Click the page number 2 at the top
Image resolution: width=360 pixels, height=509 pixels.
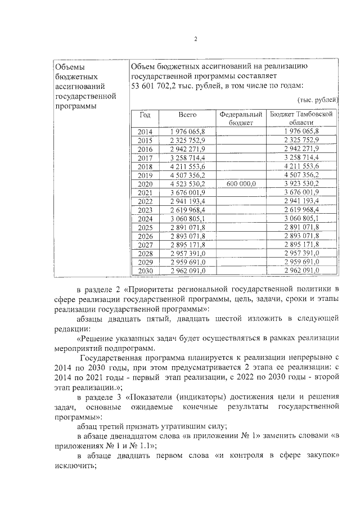(195, 39)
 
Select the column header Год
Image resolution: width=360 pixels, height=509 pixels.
(145, 114)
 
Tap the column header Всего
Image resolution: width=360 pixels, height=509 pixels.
(187, 114)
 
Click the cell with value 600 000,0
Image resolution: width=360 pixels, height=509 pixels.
(241, 184)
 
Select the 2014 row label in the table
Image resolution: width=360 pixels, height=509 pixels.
(145, 131)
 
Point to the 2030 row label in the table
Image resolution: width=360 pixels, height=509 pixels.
(145, 271)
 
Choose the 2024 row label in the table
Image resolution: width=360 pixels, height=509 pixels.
(145, 218)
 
